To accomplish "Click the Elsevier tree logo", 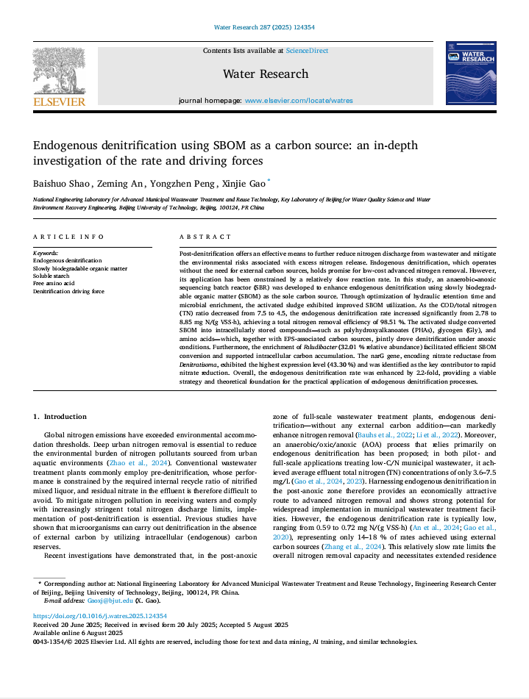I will click(x=58, y=71).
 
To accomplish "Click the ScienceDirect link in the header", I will click(x=307, y=51).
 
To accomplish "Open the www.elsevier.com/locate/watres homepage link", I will click(x=299, y=100).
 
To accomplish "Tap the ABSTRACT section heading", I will click(x=205, y=237).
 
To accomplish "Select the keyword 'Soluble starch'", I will click(x=52, y=276).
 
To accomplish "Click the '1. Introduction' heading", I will click(x=60, y=416).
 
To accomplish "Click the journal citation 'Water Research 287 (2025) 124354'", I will click(x=264, y=27).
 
